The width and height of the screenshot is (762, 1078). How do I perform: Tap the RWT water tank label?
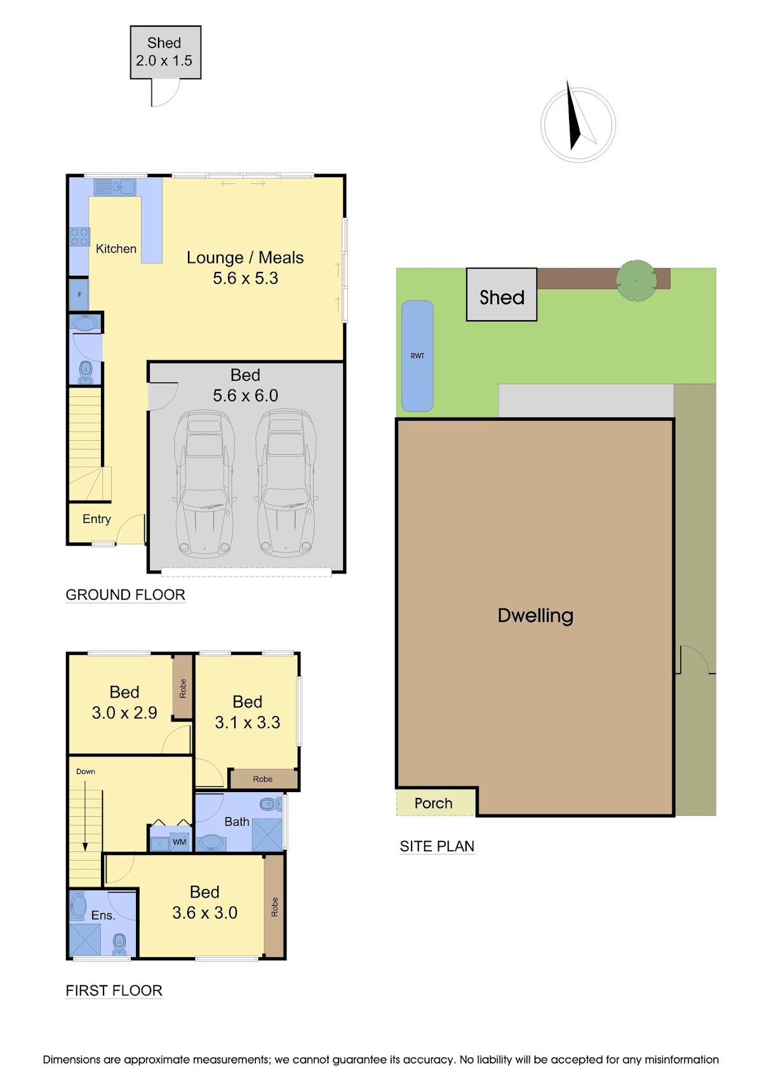click(x=417, y=356)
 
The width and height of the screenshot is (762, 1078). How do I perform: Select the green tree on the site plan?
click(x=636, y=281)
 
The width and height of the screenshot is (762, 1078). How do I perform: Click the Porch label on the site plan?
click(x=433, y=803)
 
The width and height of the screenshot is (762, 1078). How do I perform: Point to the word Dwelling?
click(x=535, y=616)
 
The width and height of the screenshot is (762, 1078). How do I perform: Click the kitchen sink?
click(x=114, y=186)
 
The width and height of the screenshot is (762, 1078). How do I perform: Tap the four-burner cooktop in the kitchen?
click(x=79, y=236)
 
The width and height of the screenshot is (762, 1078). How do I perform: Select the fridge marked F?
click(x=79, y=295)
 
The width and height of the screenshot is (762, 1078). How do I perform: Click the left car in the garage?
click(x=204, y=483)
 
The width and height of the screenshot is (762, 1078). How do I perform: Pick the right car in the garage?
click(x=286, y=483)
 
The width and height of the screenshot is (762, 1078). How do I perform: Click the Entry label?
click(x=97, y=519)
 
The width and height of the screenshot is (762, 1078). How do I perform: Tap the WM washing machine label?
click(x=179, y=842)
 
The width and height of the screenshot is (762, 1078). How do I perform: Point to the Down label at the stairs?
click(x=86, y=771)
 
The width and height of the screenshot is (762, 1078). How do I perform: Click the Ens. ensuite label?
click(x=103, y=915)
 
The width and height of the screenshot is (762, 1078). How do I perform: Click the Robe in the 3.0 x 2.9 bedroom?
click(x=183, y=688)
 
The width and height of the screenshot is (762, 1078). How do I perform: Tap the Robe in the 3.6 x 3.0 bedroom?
click(x=274, y=906)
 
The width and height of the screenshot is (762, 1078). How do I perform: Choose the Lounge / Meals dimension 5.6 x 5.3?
click(x=245, y=278)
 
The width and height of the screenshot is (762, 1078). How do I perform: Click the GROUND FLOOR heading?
click(x=125, y=595)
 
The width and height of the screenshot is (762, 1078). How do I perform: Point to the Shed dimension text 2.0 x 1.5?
click(x=164, y=60)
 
